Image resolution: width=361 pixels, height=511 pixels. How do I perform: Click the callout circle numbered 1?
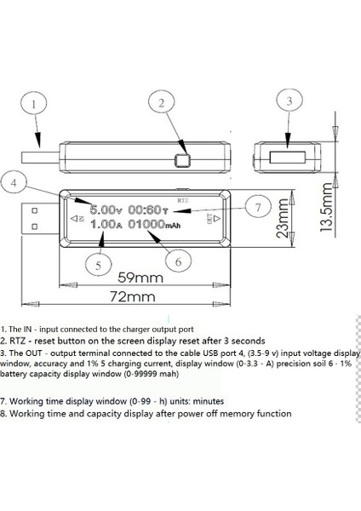(33, 106)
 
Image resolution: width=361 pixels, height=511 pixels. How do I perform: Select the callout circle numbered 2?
(160, 102)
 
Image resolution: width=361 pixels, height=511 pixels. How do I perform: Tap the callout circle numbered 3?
(290, 100)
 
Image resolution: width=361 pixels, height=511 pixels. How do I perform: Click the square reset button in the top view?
(181, 159)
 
